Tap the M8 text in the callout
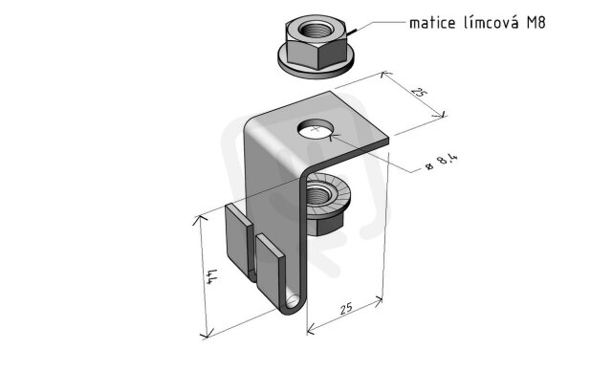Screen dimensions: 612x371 tap(536, 23)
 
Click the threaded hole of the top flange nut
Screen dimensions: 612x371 tap(316, 30)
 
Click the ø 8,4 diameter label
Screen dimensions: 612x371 tap(442, 163)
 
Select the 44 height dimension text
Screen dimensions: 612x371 tap(211, 276)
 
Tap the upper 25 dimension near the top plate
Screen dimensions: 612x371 tap(419, 93)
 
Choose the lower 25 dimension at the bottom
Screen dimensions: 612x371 tap(346, 308)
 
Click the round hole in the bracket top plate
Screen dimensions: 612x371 tap(317, 129)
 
